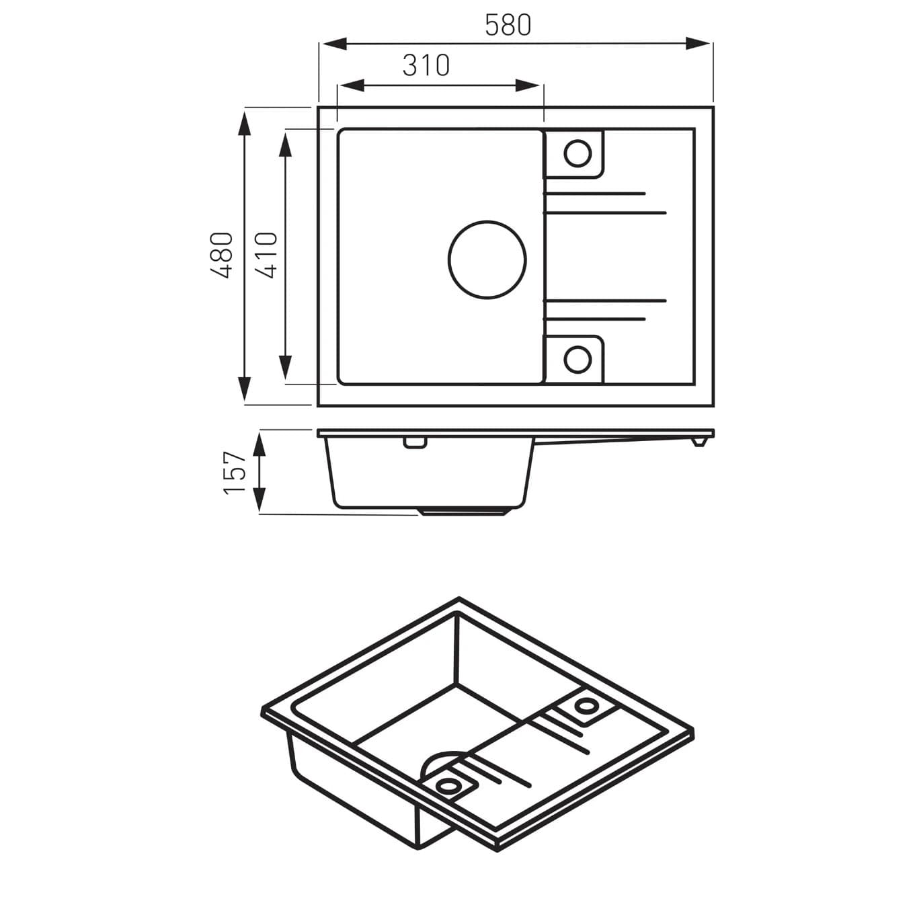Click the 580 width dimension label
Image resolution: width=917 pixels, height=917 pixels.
click(x=508, y=26)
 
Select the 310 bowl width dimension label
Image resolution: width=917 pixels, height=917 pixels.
click(x=426, y=66)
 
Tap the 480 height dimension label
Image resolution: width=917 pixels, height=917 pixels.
click(x=222, y=255)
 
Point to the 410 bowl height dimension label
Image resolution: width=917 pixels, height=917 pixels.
click(x=268, y=255)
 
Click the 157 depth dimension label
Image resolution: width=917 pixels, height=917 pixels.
click(x=235, y=473)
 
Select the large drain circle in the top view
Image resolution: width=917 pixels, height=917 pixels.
click(x=487, y=259)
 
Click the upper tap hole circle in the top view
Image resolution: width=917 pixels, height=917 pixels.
click(x=577, y=153)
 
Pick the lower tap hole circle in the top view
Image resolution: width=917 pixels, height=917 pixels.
click(x=577, y=359)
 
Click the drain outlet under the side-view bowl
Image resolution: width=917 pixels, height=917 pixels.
click(x=463, y=512)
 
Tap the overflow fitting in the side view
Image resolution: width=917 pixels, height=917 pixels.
click(x=414, y=442)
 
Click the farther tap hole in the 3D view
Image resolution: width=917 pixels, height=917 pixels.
click(x=586, y=705)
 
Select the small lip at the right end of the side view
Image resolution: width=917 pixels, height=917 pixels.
click(x=699, y=442)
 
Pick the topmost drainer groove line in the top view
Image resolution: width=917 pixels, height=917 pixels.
click(x=595, y=194)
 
